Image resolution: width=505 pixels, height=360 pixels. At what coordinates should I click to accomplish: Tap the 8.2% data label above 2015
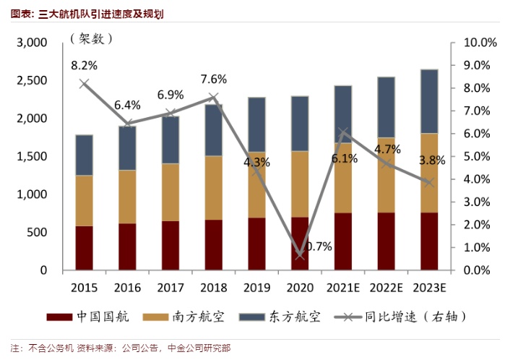tap(84, 66)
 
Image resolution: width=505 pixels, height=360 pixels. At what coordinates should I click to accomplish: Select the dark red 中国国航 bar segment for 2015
tap(85, 248)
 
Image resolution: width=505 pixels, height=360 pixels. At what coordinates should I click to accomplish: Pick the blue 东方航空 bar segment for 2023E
tap(428, 101)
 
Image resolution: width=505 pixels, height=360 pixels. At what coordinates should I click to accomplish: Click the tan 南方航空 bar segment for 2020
tap(299, 184)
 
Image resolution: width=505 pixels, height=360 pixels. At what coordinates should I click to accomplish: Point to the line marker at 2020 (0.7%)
tap(299, 254)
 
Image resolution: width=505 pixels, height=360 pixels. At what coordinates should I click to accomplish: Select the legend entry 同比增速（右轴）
tap(400, 317)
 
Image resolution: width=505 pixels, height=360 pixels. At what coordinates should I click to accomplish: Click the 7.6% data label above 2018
tap(213, 80)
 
